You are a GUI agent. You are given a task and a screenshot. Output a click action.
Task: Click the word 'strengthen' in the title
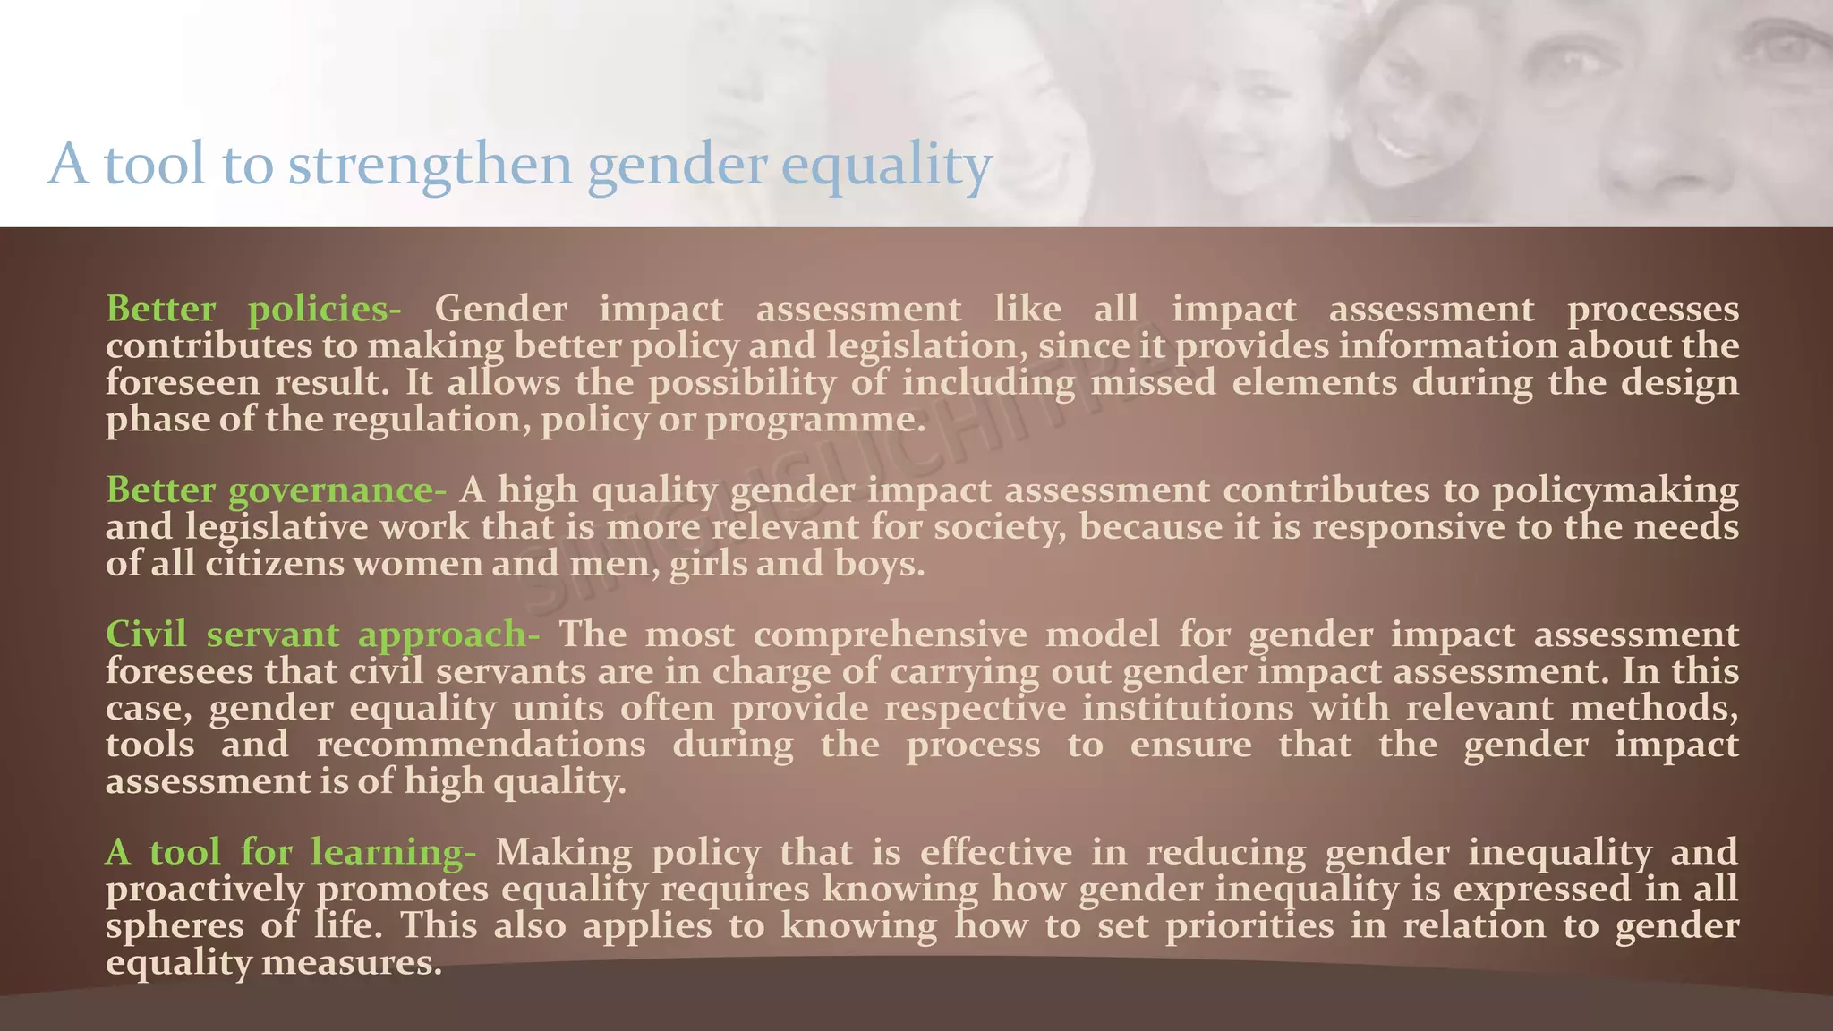click(430, 165)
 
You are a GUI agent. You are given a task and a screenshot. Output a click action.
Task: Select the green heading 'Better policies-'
click(253, 310)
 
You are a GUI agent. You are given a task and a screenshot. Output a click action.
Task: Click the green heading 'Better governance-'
click(276, 490)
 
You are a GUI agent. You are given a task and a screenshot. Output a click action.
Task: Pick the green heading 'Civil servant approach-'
click(322, 635)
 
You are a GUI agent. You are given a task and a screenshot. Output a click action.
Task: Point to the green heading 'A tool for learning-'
click(291, 852)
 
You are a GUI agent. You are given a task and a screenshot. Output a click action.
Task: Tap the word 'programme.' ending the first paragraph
click(815, 420)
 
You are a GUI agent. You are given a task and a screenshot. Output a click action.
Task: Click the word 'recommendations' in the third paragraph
click(481, 745)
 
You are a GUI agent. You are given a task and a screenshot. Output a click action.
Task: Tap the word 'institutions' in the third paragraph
click(1188, 708)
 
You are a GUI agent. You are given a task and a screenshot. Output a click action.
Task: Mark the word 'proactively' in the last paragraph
click(205, 890)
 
